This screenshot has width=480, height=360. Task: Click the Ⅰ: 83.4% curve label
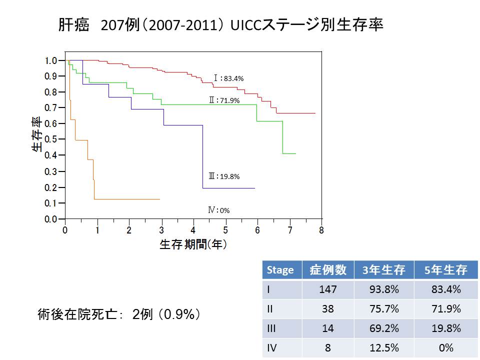pyautogui.click(x=228, y=78)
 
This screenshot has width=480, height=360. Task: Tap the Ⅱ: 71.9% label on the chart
pyautogui.click(x=224, y=100)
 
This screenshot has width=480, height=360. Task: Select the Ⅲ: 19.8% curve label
pyautogui.click(x=224, y=176)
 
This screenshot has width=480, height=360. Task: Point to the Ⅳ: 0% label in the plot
pyautogui.click(x=219, y=210)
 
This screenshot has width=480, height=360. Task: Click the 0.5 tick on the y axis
pyautogui.click(x=51, y=139)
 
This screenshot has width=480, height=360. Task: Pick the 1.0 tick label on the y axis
pyautogui.click(x=51, y=60)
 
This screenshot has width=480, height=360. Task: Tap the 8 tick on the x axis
pyautogui.click(x=321, y=230)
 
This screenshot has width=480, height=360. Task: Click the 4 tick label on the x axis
pyautogui.click(x=193, y=230)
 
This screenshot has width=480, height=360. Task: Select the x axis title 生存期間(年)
pyautogui.click(x=193, y=244)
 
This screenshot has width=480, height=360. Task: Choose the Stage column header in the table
pyautogui.click(x=280, y=270)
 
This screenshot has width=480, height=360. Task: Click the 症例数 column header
pyautogui.click(x=327, y=270)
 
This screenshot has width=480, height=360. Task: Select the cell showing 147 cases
pyautogui.click(x=327, y=289)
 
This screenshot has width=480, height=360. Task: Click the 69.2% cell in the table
pyautogui.click(x=383, y=328)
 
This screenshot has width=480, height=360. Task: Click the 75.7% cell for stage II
pyautogui.click(x=383, y=309)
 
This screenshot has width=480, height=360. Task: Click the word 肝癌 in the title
pyautogui.click(x=74, y=25)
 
